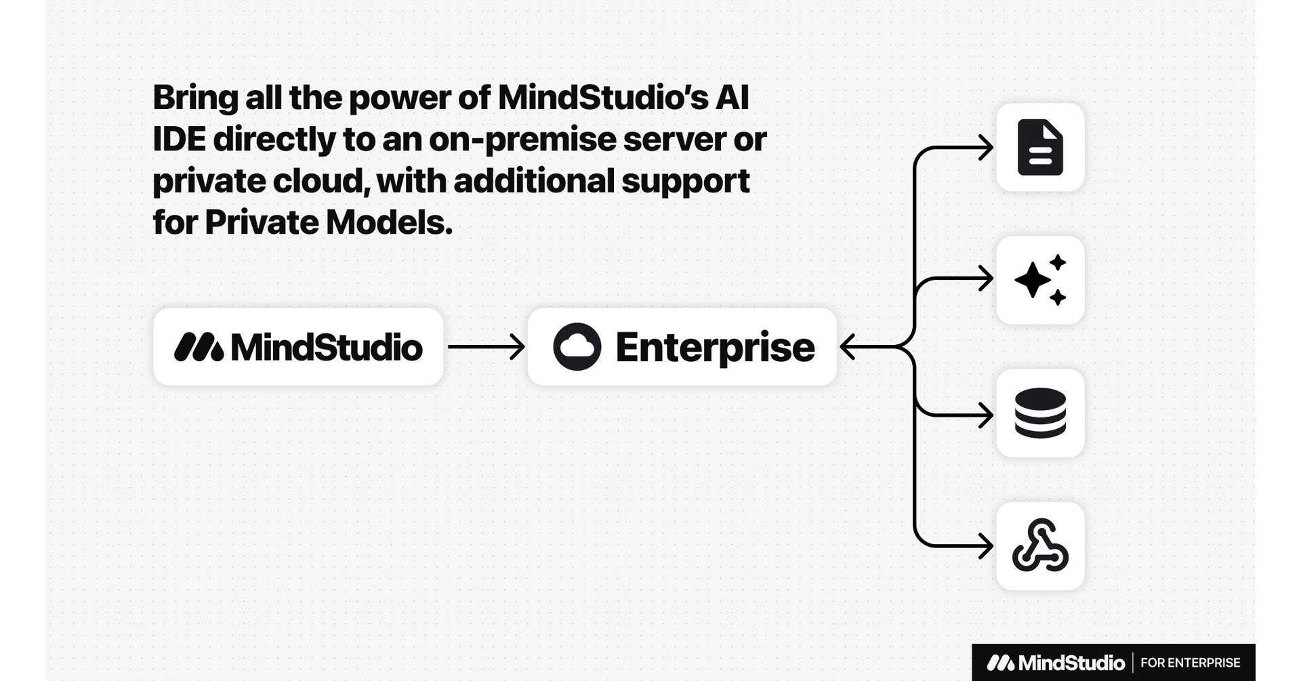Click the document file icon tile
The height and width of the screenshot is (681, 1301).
tap(1040, 147)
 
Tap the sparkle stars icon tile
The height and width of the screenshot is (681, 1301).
tap(1040, 280)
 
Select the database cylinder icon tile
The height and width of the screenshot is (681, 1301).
tap(1040, 413)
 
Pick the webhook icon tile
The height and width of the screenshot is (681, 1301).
tap(1040, 546)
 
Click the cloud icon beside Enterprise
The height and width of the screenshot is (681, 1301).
tap(577, 347)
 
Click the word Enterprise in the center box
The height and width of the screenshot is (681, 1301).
tap(715, 347)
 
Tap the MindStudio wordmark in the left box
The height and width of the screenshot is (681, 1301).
tap(327, 347)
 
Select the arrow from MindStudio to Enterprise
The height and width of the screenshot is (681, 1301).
tap(485, 347)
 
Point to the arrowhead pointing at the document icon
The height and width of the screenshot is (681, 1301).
tap(987, 147)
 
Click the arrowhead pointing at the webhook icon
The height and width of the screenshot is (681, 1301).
tap(987, 546)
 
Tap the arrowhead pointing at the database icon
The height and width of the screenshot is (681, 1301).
tap(987, 415)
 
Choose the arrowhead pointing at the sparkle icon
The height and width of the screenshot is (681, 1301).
tap(987, 278)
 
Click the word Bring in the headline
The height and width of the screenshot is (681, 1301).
tap(195, 98)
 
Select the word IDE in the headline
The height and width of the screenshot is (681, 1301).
tap(179, 140)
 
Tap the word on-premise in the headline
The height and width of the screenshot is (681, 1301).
tap(522, 140)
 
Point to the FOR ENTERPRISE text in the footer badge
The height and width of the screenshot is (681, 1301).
tap(1190, 663)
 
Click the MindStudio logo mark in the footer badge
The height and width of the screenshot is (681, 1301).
tap(1000, 663)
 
